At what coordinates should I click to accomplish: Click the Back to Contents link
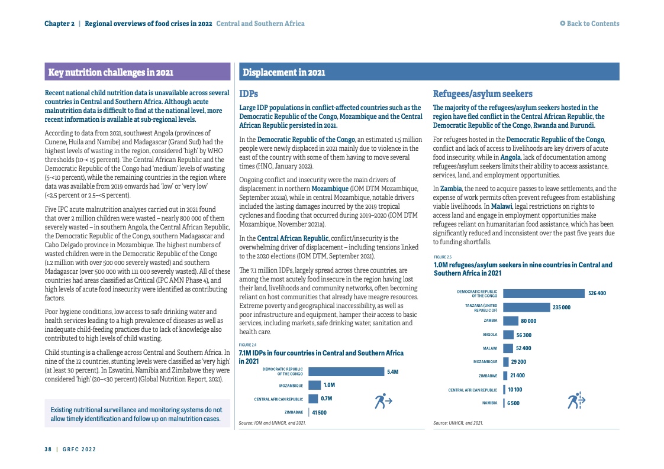click(x=589, y=24)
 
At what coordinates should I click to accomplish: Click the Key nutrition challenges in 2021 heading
click(x=111, y=73)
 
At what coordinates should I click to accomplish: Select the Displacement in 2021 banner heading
click(x=283, y=73)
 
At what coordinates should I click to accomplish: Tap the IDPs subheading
click(x=248, y=94)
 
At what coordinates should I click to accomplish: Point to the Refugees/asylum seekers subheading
click(x=482, y=94)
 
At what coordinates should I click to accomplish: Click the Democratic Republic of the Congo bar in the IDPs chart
click(x=346, y=372)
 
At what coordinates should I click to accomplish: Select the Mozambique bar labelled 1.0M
click(x=314, y=385)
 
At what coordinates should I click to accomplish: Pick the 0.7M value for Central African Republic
click(x=327, y=399)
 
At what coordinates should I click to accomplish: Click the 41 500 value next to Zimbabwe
click(x=320, y=412)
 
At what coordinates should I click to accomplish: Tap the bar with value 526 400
click(x=543, y=293)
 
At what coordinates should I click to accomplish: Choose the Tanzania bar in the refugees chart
click(x=526, y=307)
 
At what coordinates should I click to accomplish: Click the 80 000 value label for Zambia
click(x=528, y=321)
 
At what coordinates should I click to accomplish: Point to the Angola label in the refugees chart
click(x=489, y=335)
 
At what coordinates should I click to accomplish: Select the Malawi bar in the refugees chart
click(x=507, y=348)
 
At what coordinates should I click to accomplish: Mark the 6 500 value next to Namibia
click(x=512, y=403)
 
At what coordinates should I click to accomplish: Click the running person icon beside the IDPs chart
click(x=383, y=401)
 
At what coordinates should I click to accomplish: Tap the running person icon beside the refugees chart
click(x=576, y=400)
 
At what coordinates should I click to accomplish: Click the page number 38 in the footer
click(x=48, y=449)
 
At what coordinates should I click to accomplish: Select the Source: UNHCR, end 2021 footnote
click(x=458, y=423)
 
